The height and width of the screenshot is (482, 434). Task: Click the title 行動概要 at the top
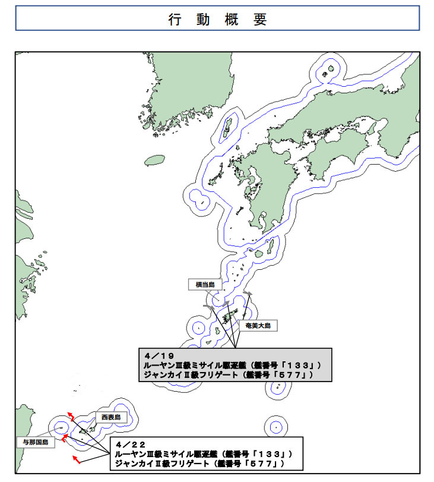[x=217, y=18]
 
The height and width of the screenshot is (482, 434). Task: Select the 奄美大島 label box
[x=255, y=325]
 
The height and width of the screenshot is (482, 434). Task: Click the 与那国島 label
[x=35, y=443]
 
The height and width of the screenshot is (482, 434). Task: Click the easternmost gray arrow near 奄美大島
[x=247, y=295]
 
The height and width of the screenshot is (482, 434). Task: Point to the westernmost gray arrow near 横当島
[x=208, y=305]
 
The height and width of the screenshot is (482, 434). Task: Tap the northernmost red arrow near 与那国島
[x=70, y=415]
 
